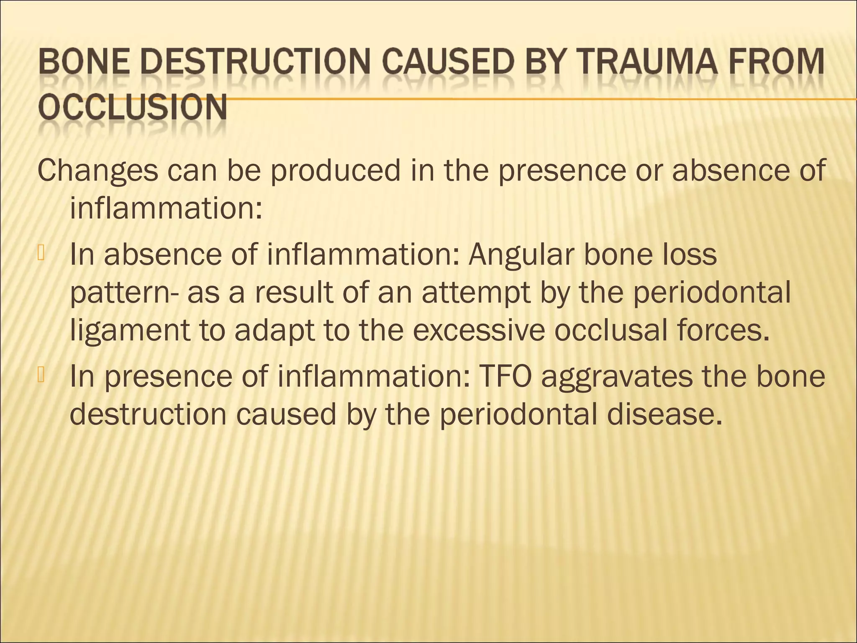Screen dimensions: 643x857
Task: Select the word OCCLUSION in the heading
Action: [x=133, y=108]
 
